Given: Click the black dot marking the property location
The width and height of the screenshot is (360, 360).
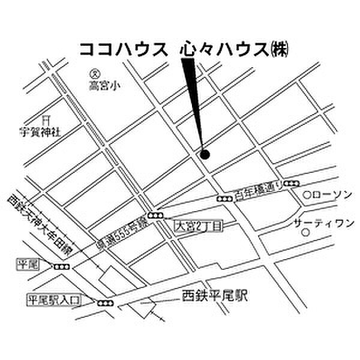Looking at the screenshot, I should (205, 155).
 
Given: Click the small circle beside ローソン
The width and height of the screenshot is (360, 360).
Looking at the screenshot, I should (306, 195).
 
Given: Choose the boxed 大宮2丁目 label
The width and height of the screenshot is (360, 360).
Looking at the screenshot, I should (198, 226).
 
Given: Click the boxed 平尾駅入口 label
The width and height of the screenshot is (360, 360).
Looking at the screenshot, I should (53, 299).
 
